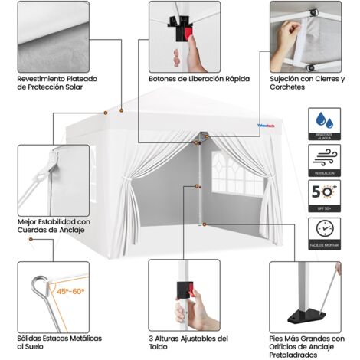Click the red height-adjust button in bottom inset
183,290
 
